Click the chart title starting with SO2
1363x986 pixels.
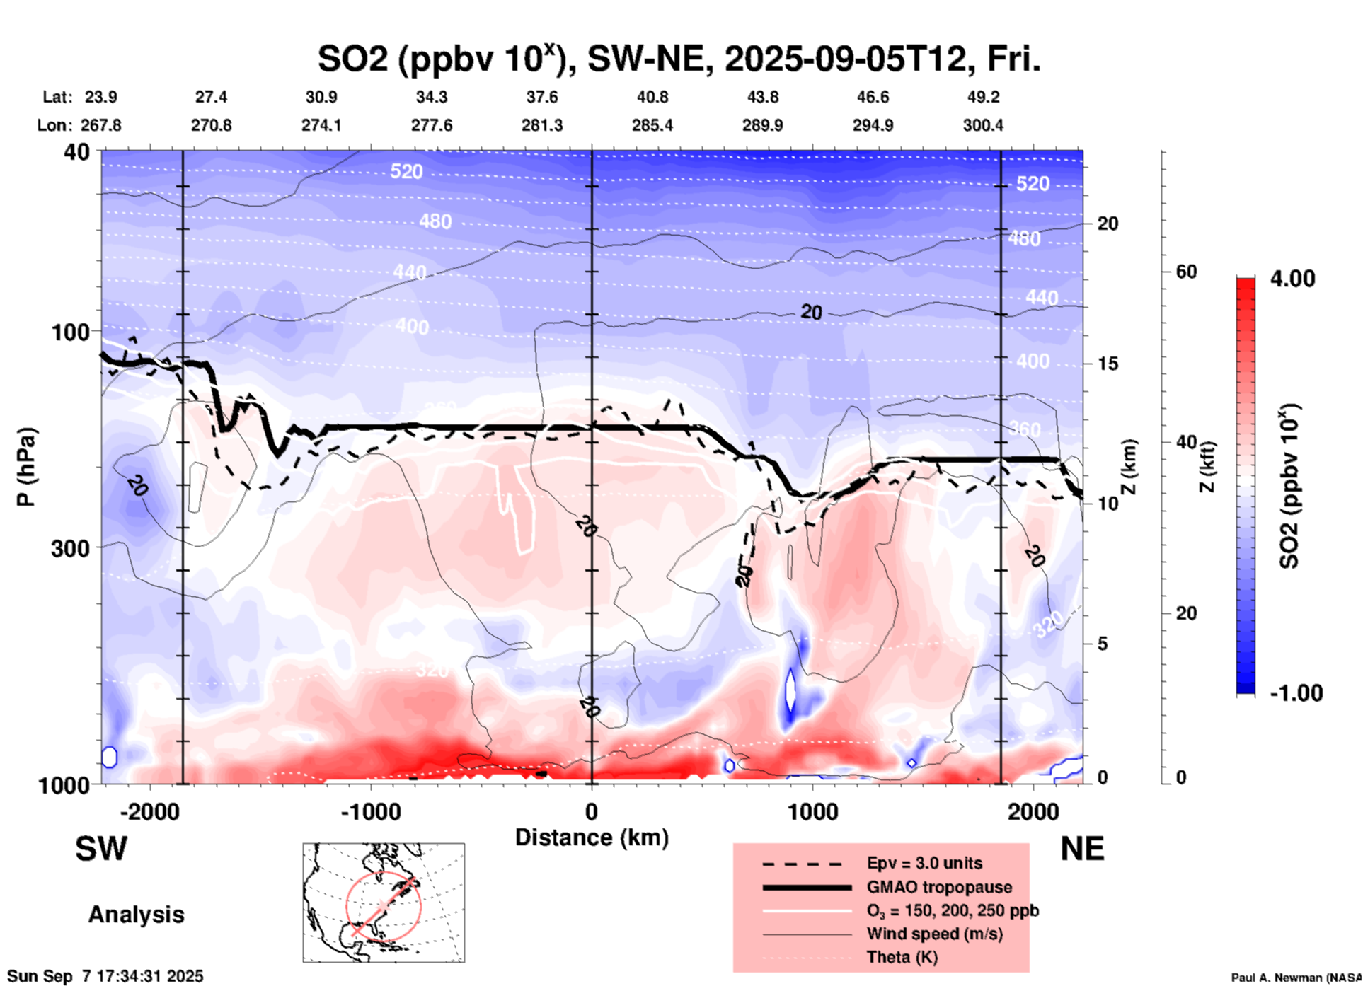679,59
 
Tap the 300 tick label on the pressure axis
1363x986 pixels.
74,547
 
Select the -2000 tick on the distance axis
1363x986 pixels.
149,812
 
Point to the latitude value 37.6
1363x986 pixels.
542,97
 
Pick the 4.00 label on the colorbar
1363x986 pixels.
1292,279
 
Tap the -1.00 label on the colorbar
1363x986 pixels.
1295,693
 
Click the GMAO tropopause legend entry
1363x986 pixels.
939,887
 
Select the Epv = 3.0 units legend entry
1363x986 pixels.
924,863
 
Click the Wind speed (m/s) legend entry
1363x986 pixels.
934,934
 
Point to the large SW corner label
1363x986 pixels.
101,849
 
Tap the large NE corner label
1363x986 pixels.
1082,849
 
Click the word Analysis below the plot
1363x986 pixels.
136,915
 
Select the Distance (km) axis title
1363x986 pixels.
592,837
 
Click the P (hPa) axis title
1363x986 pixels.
26,467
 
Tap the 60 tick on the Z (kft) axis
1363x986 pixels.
1186,272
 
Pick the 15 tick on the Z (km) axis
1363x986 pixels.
1108,364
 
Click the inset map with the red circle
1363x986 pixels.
384,903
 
